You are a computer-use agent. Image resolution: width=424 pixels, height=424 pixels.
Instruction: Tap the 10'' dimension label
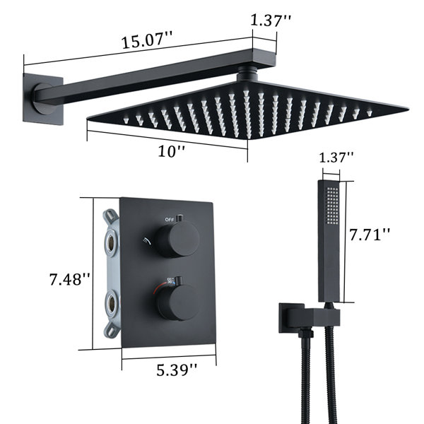(172, 151)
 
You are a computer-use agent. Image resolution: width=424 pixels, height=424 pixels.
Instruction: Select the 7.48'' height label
(69, 279)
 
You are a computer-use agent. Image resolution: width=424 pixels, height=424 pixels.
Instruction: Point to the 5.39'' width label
(177, 370)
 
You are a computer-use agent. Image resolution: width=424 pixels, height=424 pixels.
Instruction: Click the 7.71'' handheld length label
(370, 235)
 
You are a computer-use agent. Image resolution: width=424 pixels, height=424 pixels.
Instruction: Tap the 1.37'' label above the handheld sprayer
(336, 157)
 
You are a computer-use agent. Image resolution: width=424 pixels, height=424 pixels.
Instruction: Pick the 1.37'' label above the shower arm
(271, 20)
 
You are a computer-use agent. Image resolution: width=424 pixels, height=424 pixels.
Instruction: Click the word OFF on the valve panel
(170, 220)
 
